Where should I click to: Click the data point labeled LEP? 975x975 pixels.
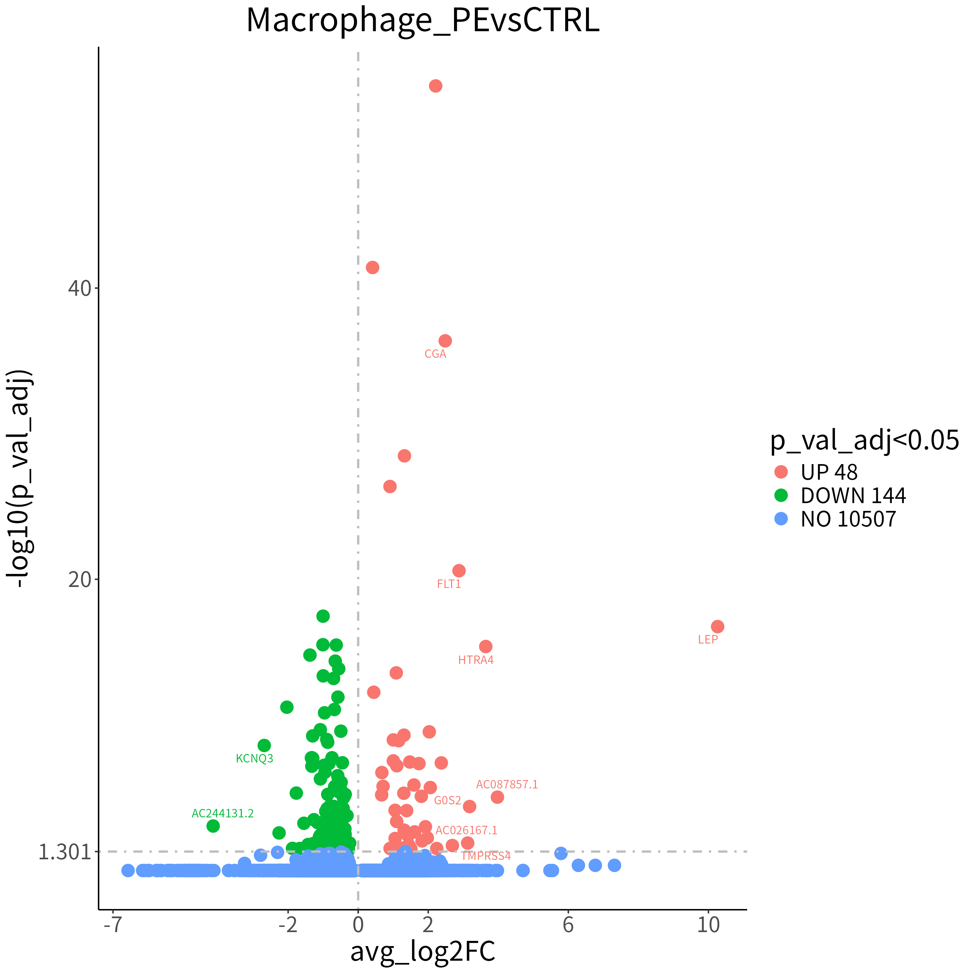[x=717, y=626]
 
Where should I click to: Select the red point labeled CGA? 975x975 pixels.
[x=445, y=341]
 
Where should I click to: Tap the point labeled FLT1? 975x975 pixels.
[x=458, y=571]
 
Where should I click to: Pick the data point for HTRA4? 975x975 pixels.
[x=486, y=646]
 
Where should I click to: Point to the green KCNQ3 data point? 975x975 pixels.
[x=264, y=745]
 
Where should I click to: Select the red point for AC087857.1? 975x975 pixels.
[x=497, y=797]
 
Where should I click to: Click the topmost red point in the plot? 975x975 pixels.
[x=435, y=86]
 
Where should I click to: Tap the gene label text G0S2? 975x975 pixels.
[x=448, y=800]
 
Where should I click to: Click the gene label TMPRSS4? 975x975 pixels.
[x=486, y=856]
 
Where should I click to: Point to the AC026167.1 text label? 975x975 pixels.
[x=466, y=830]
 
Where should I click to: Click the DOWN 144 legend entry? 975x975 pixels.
[x=840, y=496]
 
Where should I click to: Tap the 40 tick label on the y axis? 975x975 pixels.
[x=80, y=288]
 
